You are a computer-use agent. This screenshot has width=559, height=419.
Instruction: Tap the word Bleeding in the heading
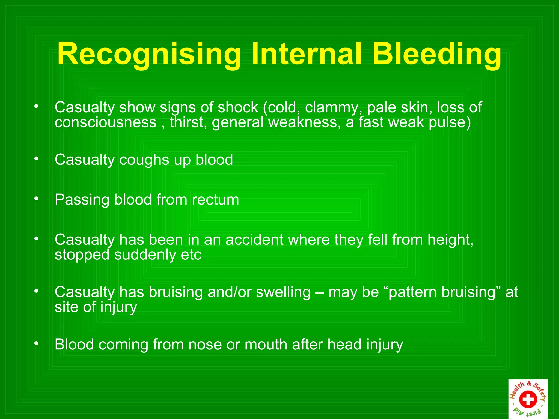(x=437, y=54)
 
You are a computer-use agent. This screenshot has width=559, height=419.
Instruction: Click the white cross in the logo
(x=528, y=399)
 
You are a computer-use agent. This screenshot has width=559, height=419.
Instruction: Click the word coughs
(x=144, y=160)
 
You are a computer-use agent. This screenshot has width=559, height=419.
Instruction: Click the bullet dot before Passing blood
(x=36, y=199)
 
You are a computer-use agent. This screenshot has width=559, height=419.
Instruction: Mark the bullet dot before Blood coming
(x=36, y=344)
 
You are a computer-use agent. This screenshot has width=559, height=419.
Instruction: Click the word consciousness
(x=105, y=122)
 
